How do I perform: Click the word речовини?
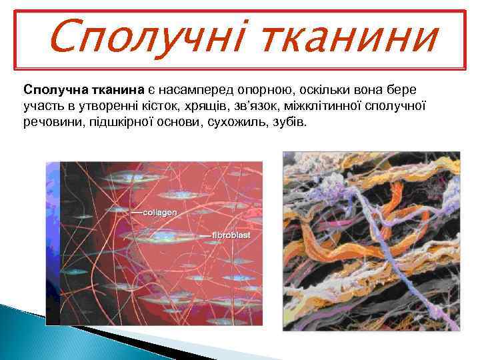tap(51, 123)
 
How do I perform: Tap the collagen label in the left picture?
tap(160, 212)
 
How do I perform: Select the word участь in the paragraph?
tap(41, 106)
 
